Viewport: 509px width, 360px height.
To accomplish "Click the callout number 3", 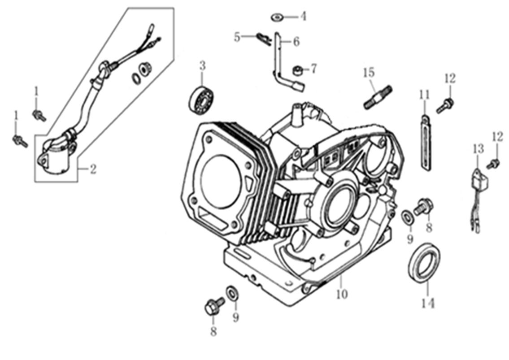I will [202, 66].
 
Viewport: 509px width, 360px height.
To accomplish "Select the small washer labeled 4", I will [277, 17].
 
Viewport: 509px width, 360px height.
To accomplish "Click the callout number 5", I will [237, 37].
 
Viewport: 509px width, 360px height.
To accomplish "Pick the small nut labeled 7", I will [296, 70].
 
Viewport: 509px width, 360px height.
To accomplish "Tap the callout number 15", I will [369, 72].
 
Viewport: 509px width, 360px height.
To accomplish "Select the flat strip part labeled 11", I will [425, 142].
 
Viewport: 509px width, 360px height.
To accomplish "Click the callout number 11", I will [424, 95].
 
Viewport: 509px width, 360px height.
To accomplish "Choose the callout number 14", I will [427, 304].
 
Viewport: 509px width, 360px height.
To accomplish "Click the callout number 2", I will [92, 169].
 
